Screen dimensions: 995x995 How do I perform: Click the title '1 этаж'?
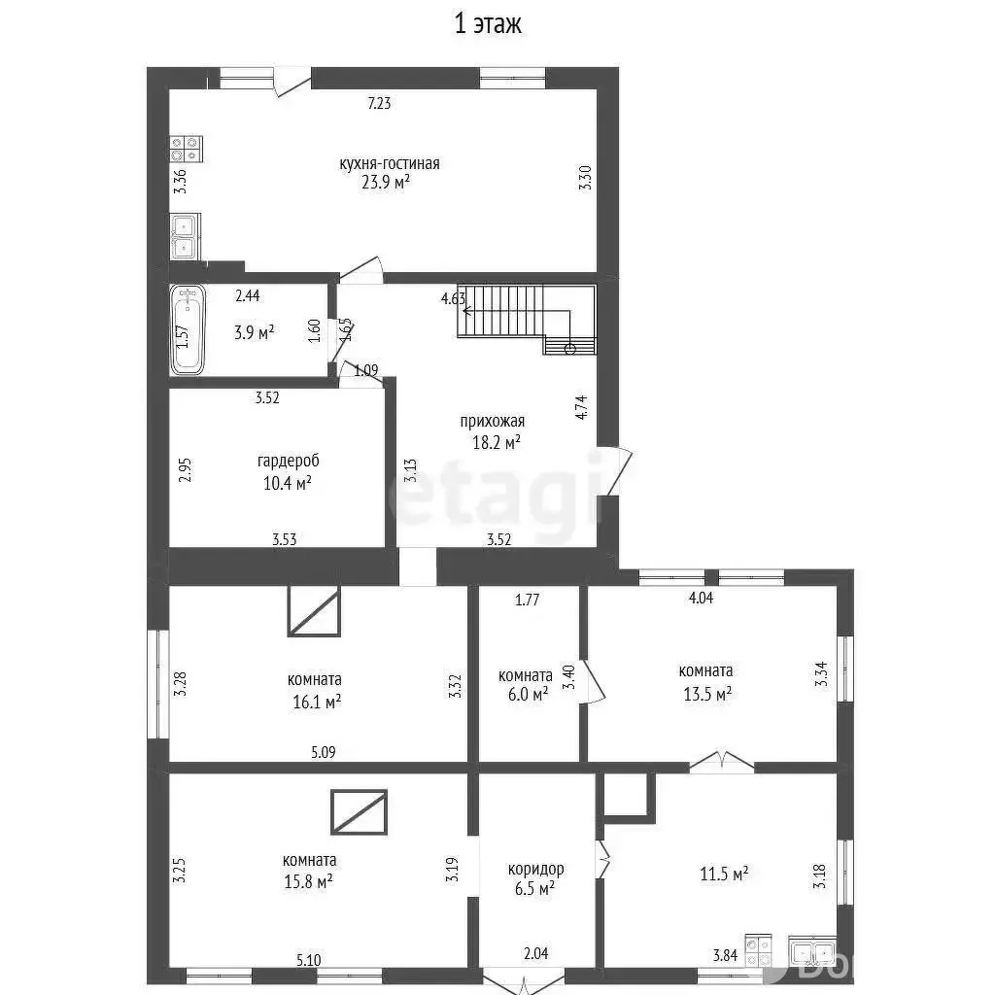pos(488,24)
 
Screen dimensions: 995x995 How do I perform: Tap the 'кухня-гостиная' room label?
pos(389,163)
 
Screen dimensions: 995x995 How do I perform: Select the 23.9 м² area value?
pos(386,183)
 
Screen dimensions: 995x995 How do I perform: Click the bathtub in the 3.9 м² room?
pos(188,328)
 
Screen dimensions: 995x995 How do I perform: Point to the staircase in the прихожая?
pos(527,319)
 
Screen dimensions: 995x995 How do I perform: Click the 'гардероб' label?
pos(288,461)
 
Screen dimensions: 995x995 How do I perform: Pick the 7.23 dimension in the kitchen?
pos(380,103)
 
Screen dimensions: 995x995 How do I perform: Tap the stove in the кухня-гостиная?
pos(186,149)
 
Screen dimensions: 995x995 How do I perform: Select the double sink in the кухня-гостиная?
pos(185,236)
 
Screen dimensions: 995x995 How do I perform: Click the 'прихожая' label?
pos(493,422)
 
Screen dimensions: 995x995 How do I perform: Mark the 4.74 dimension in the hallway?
pos(581,407)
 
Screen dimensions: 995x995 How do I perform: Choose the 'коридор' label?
pos(535,869)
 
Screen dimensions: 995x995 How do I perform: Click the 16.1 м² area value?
pos(317,702)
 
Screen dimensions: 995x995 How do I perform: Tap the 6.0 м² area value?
pos(528,695)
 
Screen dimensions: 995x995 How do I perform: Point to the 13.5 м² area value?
pos(707,694)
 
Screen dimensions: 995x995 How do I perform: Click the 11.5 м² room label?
pos(724,874)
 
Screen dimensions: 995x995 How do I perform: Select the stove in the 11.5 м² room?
pos(758,950)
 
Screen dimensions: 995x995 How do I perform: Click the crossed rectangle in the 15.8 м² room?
pos(359,811)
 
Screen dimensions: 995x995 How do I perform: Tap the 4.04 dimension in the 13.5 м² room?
pos(701,598)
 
